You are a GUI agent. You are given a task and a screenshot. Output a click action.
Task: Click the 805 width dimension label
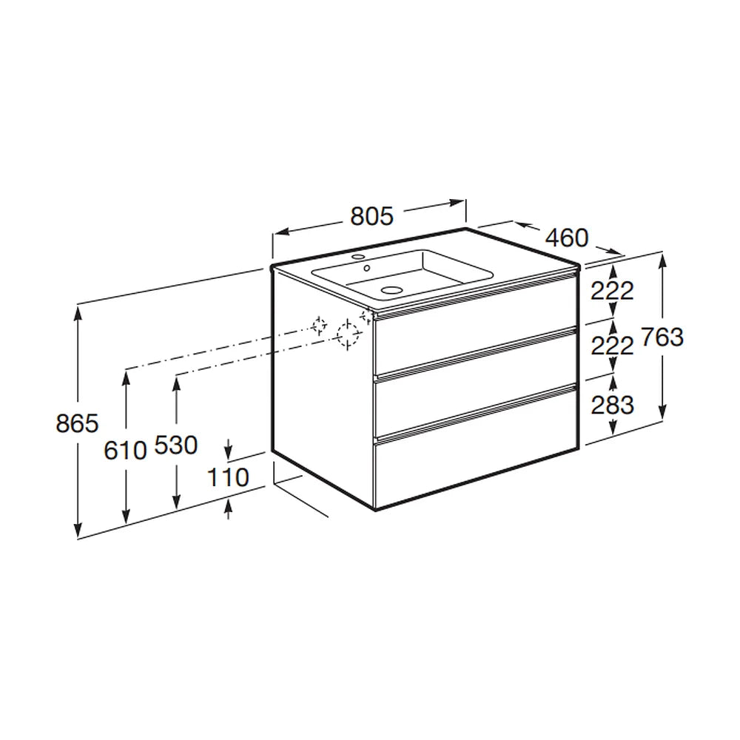pyautogui.click(x=371, y=216)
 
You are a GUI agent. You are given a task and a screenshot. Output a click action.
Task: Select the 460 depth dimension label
pyautogui.click(x=567, y=238)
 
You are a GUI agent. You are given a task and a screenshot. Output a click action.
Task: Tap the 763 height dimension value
pyautogui.click(x=662, y=337)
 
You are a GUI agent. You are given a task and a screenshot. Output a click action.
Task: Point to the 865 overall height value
pyautogui.click(x=77, y=423)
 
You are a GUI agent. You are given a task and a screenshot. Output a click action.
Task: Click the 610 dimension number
pyautogui.click(x=125, y=450)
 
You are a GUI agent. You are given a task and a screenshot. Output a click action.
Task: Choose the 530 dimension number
pyautogui.click(x=175, y=445)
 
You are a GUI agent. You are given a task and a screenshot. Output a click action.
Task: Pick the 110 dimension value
pyautogui.click(x=228, y=477)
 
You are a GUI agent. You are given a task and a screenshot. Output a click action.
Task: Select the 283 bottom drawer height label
pyautogui.click(x=612, y=405)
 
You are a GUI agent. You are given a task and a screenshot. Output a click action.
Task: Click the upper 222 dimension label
pyautogui.click(x=612, y=291)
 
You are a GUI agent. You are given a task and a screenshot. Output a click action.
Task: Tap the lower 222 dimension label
pyautogui.click(x=612, y=346)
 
